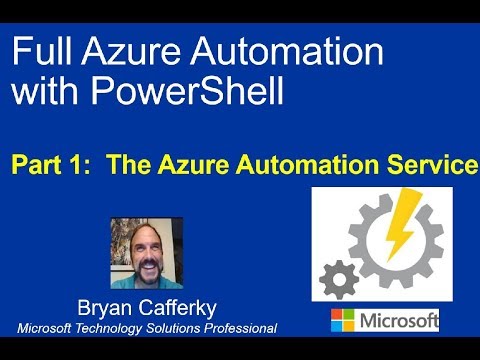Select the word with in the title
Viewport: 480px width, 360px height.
(49, 92)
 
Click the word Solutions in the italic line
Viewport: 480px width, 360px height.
(174, 329)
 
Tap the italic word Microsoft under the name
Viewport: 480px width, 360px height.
(45, 329)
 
